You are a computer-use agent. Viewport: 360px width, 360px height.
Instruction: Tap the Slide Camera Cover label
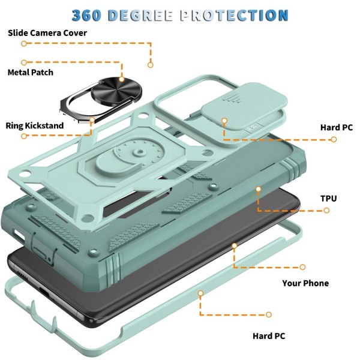click(47, 32)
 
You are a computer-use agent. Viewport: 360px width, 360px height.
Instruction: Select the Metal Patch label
click(30, 73)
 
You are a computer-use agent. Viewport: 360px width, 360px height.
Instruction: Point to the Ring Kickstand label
click(34, 126)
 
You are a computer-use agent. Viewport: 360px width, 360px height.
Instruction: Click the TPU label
click(328, 197)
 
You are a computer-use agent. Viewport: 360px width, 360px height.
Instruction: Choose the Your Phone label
click(305, 283)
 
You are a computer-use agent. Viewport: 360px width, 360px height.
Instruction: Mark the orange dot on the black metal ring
click(121, 79)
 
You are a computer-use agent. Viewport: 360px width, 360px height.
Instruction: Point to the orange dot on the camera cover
click(223, 121)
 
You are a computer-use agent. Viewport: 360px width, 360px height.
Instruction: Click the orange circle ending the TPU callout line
click(326, 211)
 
